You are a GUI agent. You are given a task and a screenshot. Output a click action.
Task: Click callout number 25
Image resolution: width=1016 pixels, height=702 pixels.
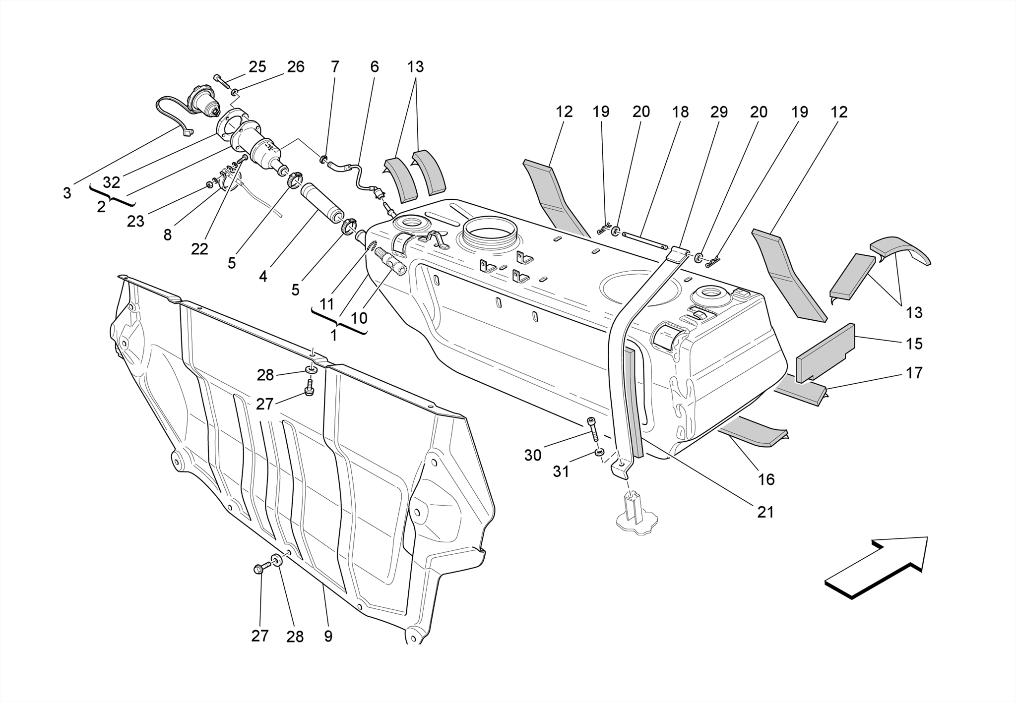(257, 66)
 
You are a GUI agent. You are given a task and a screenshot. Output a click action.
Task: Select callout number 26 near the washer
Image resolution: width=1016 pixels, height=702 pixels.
(296, 66)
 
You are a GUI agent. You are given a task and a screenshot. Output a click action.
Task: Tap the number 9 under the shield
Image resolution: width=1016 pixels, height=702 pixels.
(328, 636)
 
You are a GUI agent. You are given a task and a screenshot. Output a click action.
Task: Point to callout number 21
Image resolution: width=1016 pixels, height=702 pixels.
(765, 512)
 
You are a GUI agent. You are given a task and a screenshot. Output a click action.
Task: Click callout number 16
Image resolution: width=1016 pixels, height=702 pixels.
(766, 479)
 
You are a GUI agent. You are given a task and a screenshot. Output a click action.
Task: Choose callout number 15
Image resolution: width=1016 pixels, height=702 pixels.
(914, 344)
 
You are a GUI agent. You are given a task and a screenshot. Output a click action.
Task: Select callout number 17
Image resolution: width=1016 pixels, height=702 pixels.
(914, 373)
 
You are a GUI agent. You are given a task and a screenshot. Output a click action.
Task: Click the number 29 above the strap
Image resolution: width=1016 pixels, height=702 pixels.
(719, 112)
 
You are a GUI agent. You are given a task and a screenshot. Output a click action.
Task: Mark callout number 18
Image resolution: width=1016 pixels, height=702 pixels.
(680, 112)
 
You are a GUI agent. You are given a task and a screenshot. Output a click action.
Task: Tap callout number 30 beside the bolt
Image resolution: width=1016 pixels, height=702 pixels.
(533, 455)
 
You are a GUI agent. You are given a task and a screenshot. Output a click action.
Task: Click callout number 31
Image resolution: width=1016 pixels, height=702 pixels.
(561, 471)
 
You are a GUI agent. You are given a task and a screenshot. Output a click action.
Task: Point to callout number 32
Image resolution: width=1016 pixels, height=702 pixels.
(112, 182)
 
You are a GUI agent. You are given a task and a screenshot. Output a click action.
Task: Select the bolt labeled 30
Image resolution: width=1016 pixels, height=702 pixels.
(592, 429)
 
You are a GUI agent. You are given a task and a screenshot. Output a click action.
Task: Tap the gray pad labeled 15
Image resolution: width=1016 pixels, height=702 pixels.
(825, 352)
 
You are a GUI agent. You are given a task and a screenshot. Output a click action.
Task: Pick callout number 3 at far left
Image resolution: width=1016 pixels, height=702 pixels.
(67, 193)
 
